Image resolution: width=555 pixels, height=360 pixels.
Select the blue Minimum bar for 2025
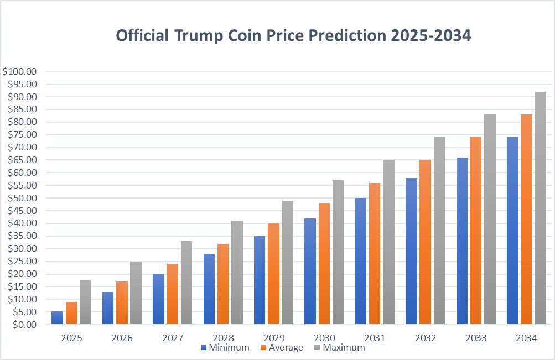tap(58, 318)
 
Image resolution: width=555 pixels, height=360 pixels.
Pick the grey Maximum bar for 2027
tap(186, 283)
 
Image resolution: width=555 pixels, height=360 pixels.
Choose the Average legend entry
tap(282, 348)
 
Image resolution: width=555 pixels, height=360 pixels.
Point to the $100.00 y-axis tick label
tap(19, 71)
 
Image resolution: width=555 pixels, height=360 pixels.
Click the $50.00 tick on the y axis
tap(21, 198)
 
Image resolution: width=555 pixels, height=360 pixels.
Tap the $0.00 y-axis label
tap(23, 325)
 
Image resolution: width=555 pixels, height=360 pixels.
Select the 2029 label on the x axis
tap(274, 337)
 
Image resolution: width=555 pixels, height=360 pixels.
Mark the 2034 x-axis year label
tap(526, 337)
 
